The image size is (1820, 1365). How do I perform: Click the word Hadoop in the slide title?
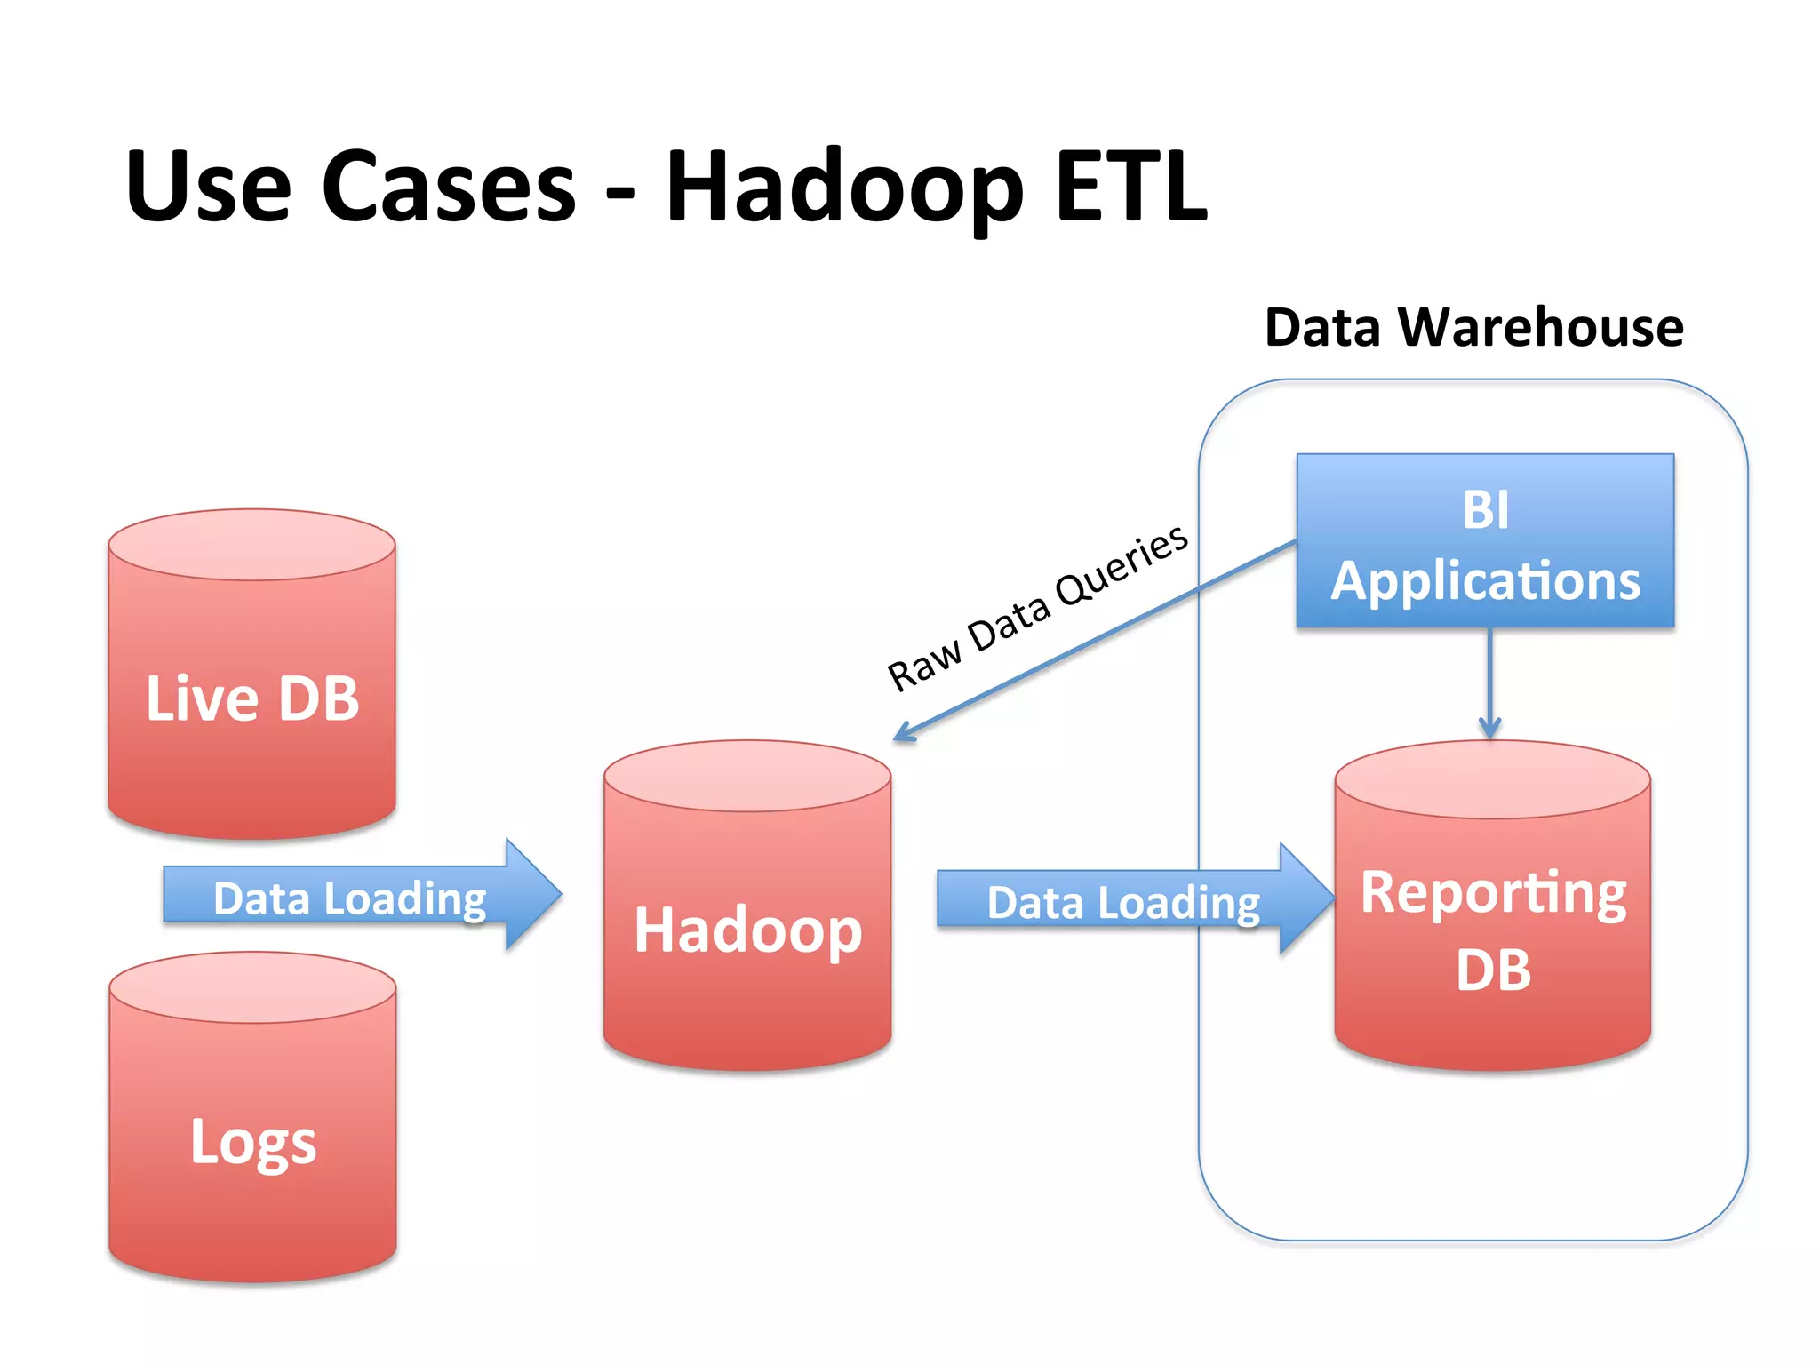844,188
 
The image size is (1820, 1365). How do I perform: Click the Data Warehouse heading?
1473,327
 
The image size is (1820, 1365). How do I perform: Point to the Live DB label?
252,698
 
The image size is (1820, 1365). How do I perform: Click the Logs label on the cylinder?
253,1143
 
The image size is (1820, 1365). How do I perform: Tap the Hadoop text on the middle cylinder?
747,930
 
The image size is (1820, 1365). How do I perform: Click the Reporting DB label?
1493,930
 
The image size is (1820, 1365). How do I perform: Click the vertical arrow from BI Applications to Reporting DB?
1490,684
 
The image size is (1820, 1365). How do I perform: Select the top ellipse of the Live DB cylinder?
251,545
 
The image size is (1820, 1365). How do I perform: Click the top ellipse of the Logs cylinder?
252,987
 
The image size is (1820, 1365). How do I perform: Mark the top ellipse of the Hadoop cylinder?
746,776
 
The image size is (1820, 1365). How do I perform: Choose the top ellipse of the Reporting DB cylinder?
1493,779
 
